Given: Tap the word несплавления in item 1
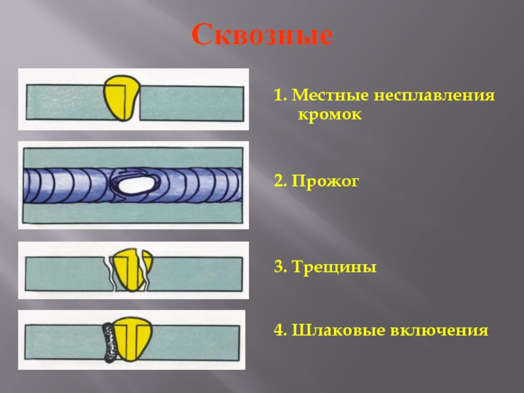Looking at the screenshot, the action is click(x=435, y=96).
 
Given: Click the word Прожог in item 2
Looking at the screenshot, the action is click(x=326, y=182).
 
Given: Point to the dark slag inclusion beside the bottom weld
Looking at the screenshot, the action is click(x=108, y=341).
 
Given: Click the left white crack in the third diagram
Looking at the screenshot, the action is click(x=109, y=272).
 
